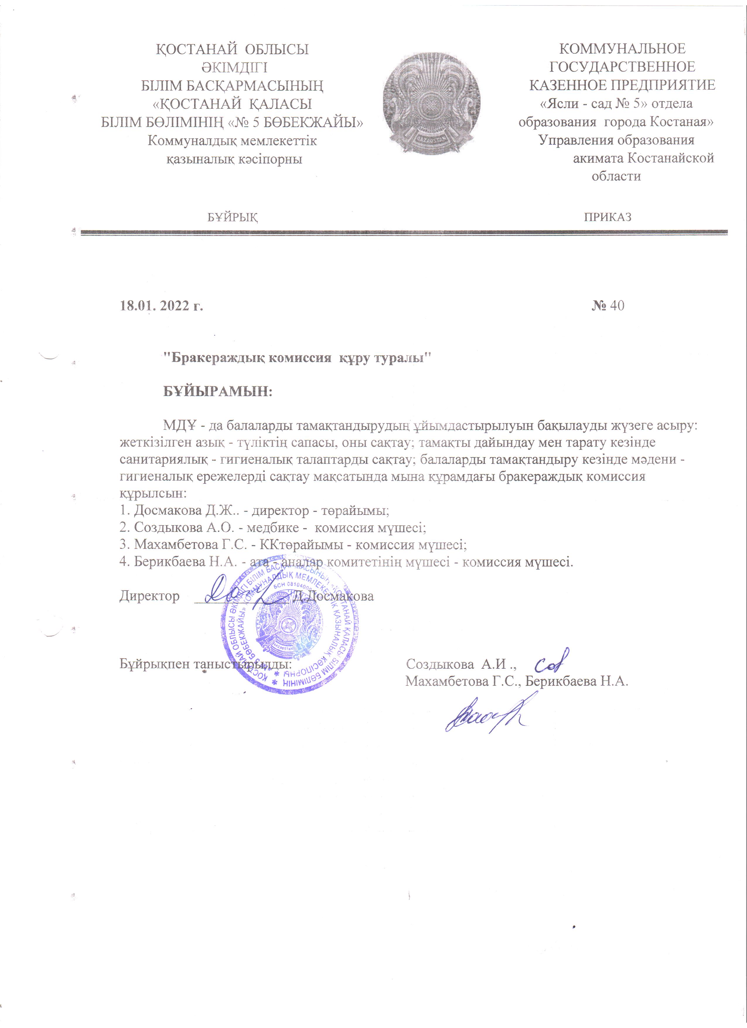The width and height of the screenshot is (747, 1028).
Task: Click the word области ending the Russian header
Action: click(x=616, y=176)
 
